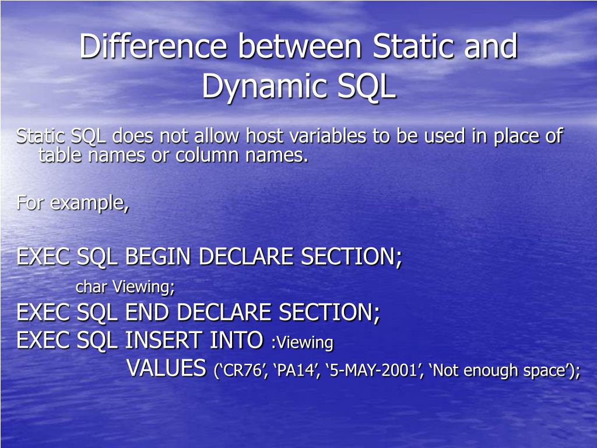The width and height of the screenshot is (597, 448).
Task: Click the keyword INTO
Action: (x=234, y=339)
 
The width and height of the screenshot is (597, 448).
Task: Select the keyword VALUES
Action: (x=167, y=369)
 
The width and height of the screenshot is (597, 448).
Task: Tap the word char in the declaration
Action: (x=92, y=287)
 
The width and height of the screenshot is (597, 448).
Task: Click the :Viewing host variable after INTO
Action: (x=302, y=342)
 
